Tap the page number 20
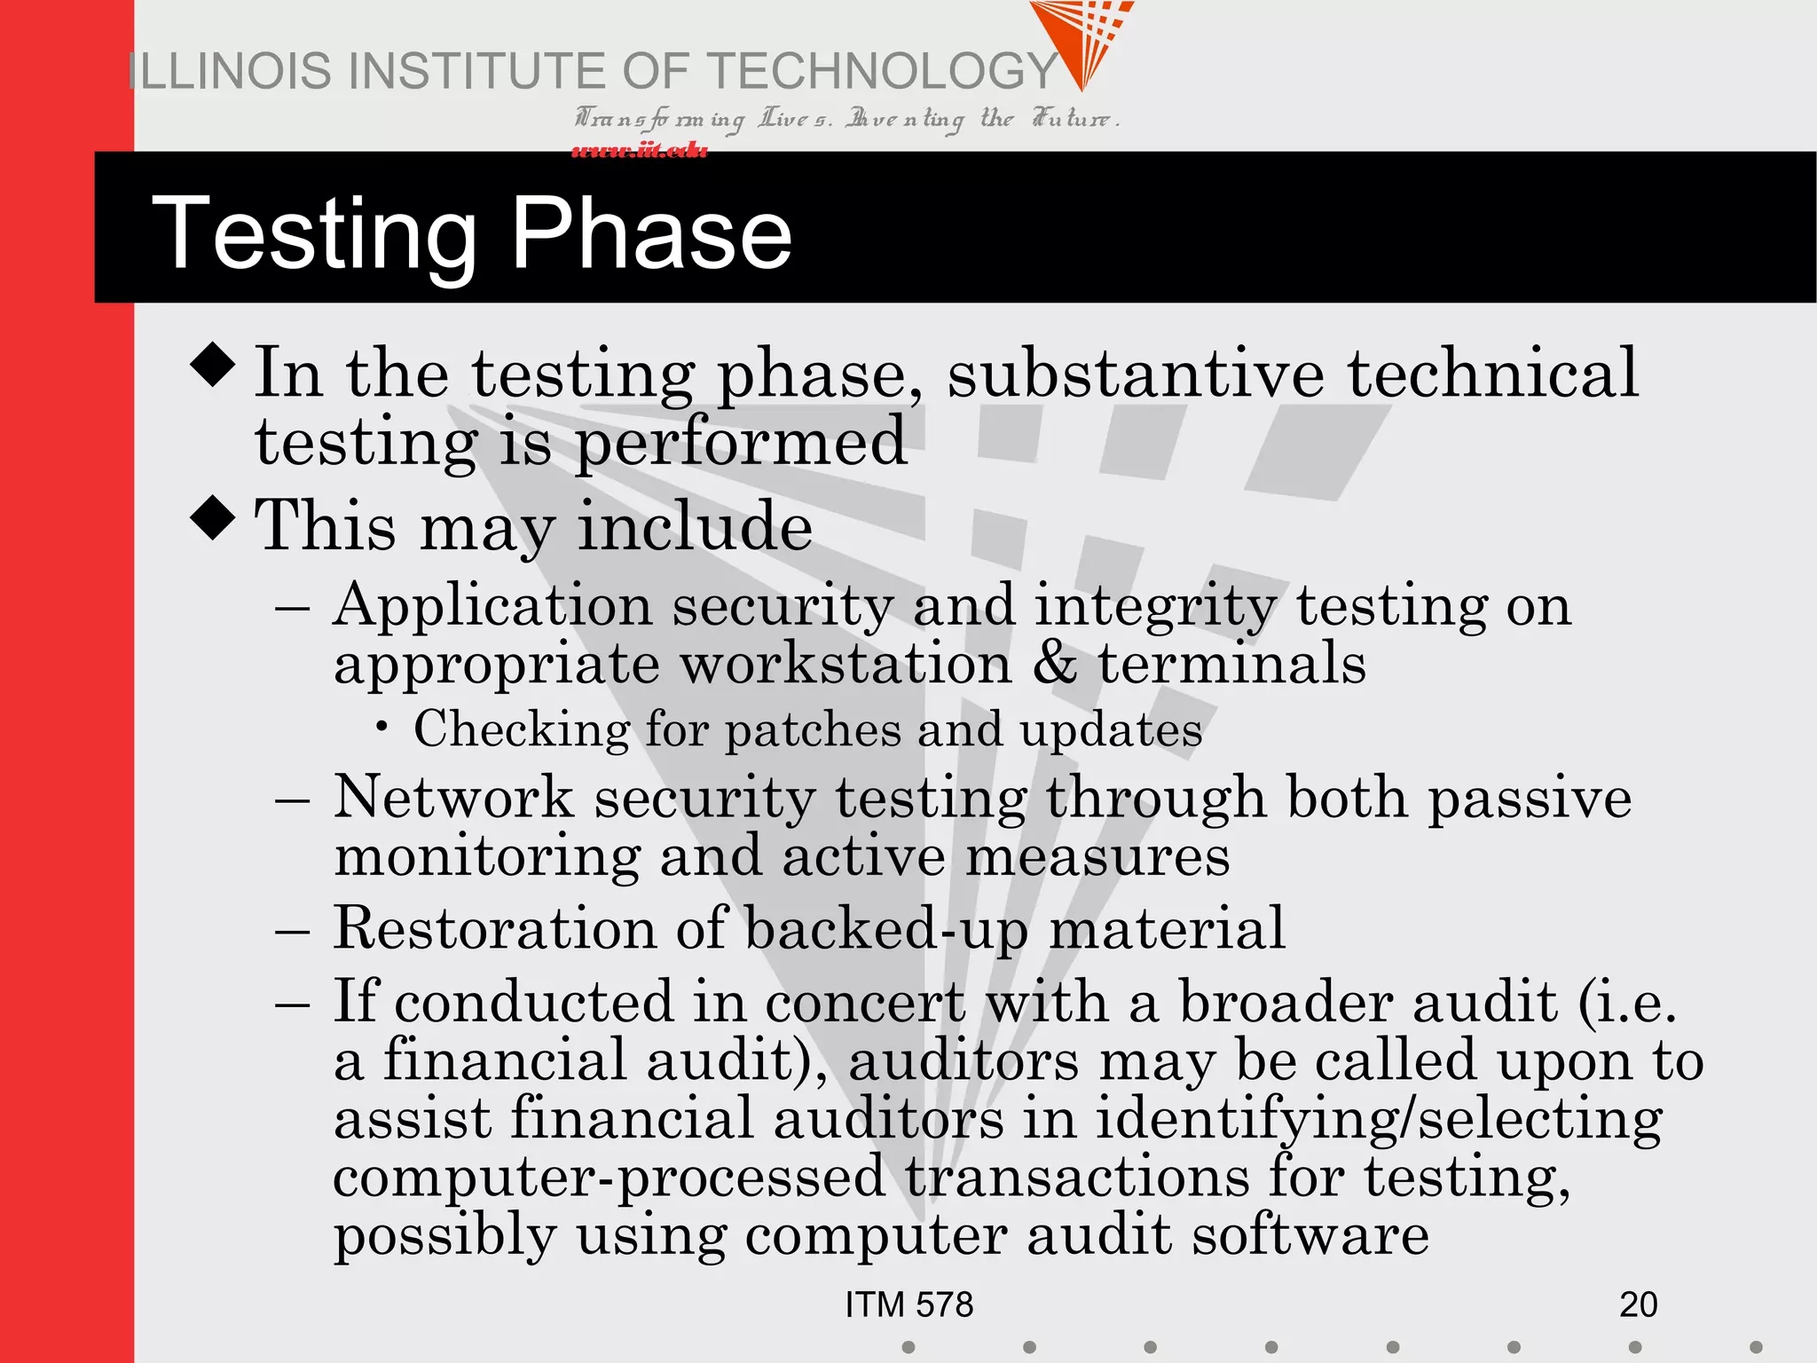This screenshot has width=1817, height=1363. click(1638, 1304)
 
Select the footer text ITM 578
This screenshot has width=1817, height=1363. click(908, 1304)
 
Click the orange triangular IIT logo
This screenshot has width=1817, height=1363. click(1082, 40)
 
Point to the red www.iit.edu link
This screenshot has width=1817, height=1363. click(639, 151)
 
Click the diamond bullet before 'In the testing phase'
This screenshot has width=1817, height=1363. click(213, 365)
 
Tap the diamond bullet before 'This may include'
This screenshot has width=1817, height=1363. click(213, 516)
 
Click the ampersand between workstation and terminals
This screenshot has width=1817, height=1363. click(1054, 664)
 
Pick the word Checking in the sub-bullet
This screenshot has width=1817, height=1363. click(522, 730)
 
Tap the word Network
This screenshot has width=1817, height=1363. click(453, 797)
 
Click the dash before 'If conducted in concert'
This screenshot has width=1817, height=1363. click(292, 1005)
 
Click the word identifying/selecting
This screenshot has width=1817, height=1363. click(1378, 1120)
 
